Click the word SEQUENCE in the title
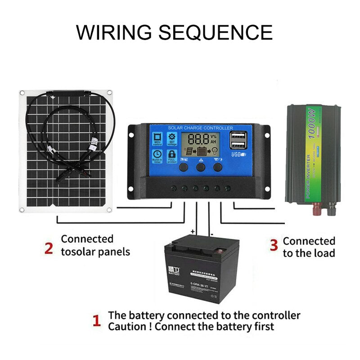[217, 32]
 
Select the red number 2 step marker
[49, 248]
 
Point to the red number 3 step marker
[273, 245]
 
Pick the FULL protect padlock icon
[172, 156]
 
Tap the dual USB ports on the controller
[237, 140]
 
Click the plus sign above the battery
[193, 231]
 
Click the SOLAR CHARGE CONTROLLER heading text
[200, 128]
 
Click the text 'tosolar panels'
[95, 252]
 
